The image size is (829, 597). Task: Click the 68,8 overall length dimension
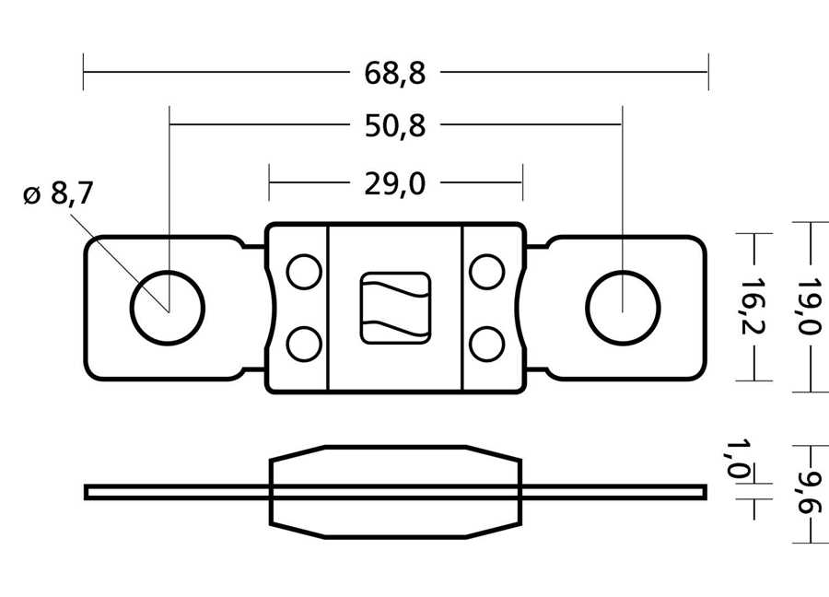pyautogui.click(x=394, y=73)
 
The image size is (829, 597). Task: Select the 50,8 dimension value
pyautogui.click(x=395, y=126)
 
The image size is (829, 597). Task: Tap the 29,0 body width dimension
pyautogui.click(x=394, y=184)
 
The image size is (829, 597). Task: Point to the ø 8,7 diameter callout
pyautogui.click(x=58, y=193)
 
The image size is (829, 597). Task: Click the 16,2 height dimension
pyautogui.click(x=753, y=307)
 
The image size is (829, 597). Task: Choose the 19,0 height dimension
pyautogui.click(x=809, y=307)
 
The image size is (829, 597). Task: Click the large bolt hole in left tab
pyautogui.click(x=168, y=308)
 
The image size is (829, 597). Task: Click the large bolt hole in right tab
pyautogui.click(x=623, y=308)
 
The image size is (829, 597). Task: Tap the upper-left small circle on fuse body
pyautogui.click(x=304, y=272)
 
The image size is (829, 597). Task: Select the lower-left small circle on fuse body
pyautogui.click(x=304, y=345)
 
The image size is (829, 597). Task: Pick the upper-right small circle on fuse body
pyautogui.click(x=487, y=272)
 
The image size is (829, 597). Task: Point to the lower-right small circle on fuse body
pyautogui.click(x=487, y=345)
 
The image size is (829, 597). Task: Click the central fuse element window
pyautogui.click(x=395, y=308)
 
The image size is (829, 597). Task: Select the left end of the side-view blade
pyautogui.click(x=85, y=492)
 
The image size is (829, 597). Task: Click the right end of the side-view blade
pyautogui.click(x=706, y=492)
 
